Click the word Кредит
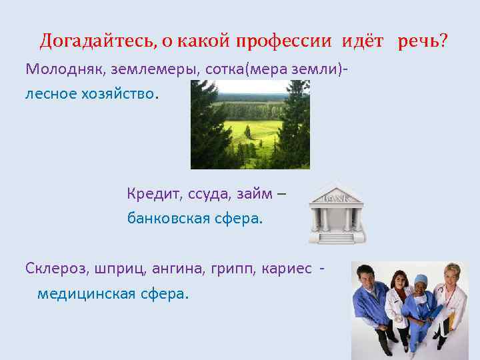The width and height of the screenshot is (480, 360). pos(150,194)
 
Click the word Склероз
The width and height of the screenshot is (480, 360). pos(57,268)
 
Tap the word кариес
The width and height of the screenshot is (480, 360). pos(290,268)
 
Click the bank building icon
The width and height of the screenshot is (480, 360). pos(336,211)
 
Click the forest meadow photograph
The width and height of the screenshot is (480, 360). pos(250,124)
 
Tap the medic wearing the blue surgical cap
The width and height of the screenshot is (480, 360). pos(421,307)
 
